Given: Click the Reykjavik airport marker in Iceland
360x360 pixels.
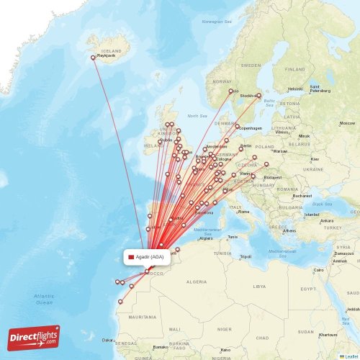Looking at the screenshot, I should coord(93,58).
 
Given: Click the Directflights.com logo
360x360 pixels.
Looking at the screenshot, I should coord(34,338).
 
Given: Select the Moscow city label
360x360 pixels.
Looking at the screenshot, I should coord(347,123).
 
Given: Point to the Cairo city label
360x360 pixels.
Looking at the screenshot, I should coord(318,270).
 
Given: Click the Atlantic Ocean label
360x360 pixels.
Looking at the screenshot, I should coord(43,300).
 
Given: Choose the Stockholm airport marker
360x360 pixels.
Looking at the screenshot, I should coord(259,95).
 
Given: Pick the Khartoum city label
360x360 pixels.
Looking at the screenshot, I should coord(328,335).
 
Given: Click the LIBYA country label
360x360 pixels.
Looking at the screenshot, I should coord(259,286).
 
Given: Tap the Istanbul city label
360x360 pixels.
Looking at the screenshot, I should coord(311,215).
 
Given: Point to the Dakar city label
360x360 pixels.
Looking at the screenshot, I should coord(107,340).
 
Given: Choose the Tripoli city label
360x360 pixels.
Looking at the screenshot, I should coord(246,256).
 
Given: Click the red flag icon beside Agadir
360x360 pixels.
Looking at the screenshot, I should coord(131,257).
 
